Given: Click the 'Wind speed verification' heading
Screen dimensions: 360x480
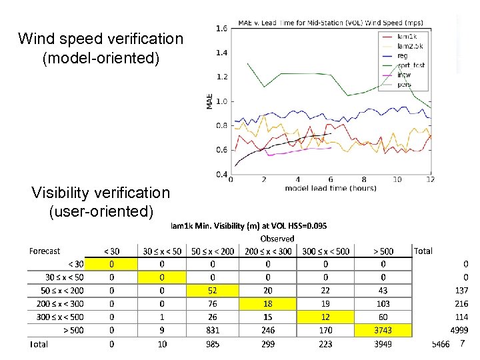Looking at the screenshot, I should [x=101, y=39].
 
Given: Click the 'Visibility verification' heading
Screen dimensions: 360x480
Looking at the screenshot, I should [x=101, y=193].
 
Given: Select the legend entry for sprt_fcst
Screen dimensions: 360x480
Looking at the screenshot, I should [x=411, y=65].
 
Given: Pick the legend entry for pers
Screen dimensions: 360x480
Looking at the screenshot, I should [x=404, y=84].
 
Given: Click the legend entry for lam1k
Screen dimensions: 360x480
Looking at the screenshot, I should [x=407, y=36].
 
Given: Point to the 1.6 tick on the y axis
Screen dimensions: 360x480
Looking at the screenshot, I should [x=221, y=28].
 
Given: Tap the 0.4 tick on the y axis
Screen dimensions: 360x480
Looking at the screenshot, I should [x=221, y=175].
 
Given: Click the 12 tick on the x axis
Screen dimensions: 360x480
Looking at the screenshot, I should [x=430, y=179].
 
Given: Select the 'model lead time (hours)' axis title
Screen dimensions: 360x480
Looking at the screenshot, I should [x=331, y=188].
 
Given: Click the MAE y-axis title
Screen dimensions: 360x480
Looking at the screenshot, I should [x=210, y=101].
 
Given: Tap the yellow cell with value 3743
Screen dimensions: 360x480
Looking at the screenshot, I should [x=383, y=330].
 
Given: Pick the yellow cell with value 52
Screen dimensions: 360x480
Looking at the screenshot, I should [x=213, y=290].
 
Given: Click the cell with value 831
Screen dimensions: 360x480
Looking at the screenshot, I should [x=213, y=330].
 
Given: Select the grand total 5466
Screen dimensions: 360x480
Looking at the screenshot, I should [x=441, y=344].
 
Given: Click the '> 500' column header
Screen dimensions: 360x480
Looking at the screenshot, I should [x=383, y=251].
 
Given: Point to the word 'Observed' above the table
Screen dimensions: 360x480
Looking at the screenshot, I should [x=277, y=239].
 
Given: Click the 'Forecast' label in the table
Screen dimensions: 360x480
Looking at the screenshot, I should [x=44, y=251].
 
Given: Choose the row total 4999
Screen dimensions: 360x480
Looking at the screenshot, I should [x=460, y=330].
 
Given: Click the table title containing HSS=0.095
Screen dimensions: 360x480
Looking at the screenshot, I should [x=249, y=226].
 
